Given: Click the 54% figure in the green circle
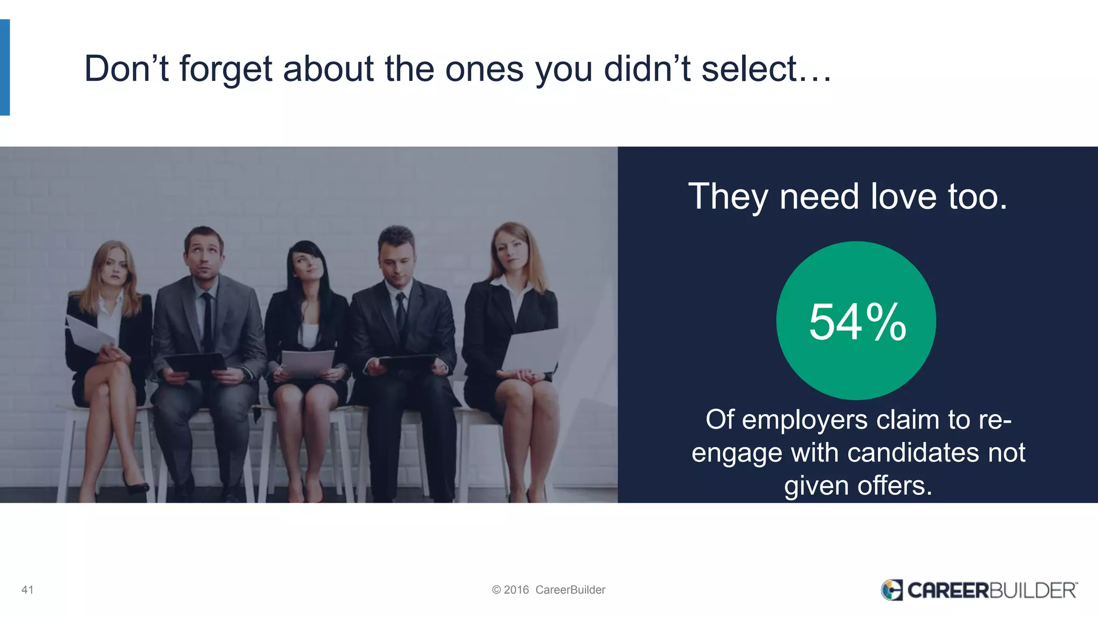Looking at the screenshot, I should click(857, 322).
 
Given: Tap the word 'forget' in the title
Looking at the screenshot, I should click(226, 70).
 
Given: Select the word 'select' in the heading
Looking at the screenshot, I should click(749, 70).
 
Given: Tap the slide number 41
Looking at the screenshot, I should click(27, 590).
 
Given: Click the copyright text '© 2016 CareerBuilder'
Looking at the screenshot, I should click(548, 590).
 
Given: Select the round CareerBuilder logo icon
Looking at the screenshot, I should click(892, 590).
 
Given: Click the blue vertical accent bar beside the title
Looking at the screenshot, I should click(5, 68).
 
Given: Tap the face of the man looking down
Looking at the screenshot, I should click(396, 263).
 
